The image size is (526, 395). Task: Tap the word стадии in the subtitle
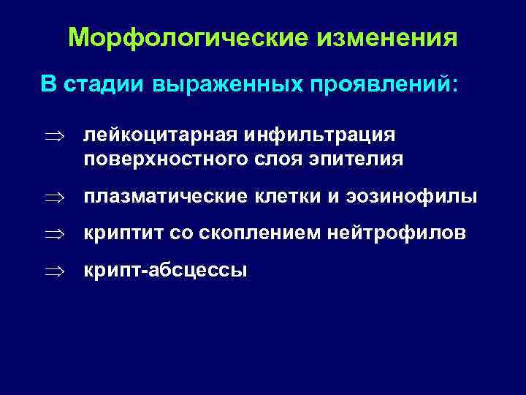pos(103,83)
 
